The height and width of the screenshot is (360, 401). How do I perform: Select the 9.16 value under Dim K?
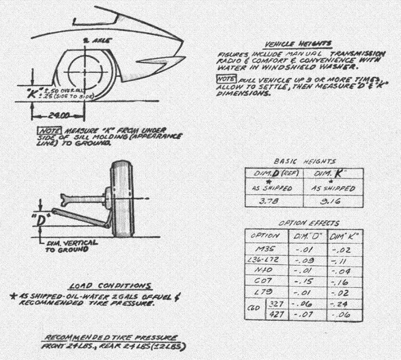pyautogui.click(x=331, y=201)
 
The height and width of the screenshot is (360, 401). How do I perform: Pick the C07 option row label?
pyautogui.click(x=264, y=281)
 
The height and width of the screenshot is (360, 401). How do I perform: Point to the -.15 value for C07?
pyautogui.click(x=302, y=281)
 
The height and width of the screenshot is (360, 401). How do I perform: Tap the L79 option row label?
pyautogui.click(x=265, y=292)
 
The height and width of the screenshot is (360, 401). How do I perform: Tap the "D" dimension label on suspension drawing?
pyautogui.click(x=42, y=219)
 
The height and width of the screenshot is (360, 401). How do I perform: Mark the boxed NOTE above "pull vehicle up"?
pyautogui.click(x=222, y=79)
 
